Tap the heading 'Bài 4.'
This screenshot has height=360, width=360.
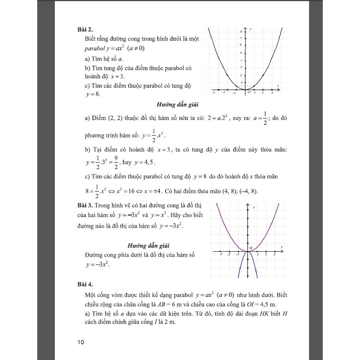[x=80, y=284]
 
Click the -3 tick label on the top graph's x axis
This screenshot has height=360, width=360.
[x=213, y=93]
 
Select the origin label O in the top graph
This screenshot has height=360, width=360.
[x=248, y=92]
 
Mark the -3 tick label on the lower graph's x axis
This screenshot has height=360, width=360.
[x=221, y=255]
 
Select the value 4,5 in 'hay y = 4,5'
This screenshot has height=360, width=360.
[x=150, y=162]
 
